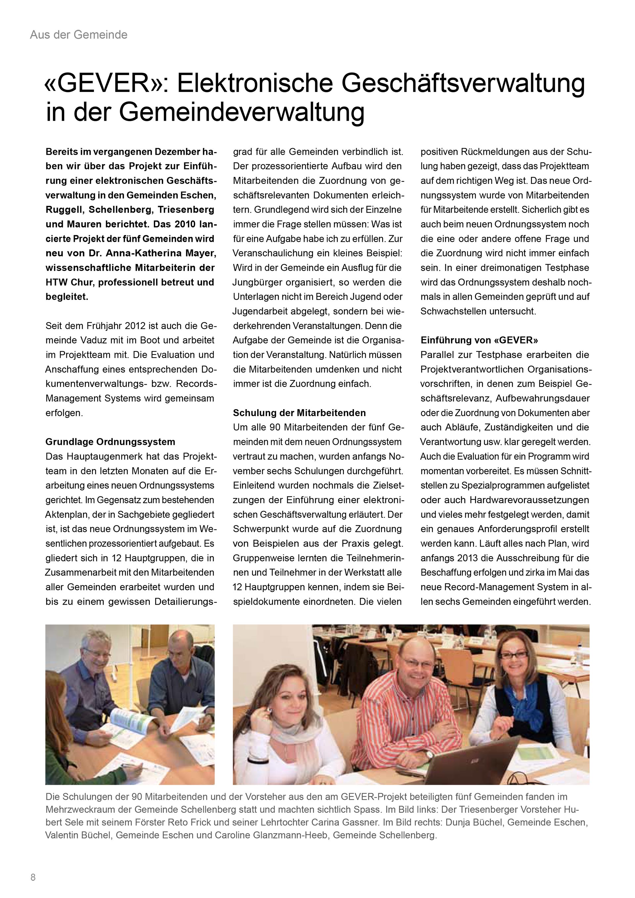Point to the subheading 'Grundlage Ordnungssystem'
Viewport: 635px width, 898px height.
[110, 442]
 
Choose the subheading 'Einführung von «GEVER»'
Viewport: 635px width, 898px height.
[479, 340]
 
